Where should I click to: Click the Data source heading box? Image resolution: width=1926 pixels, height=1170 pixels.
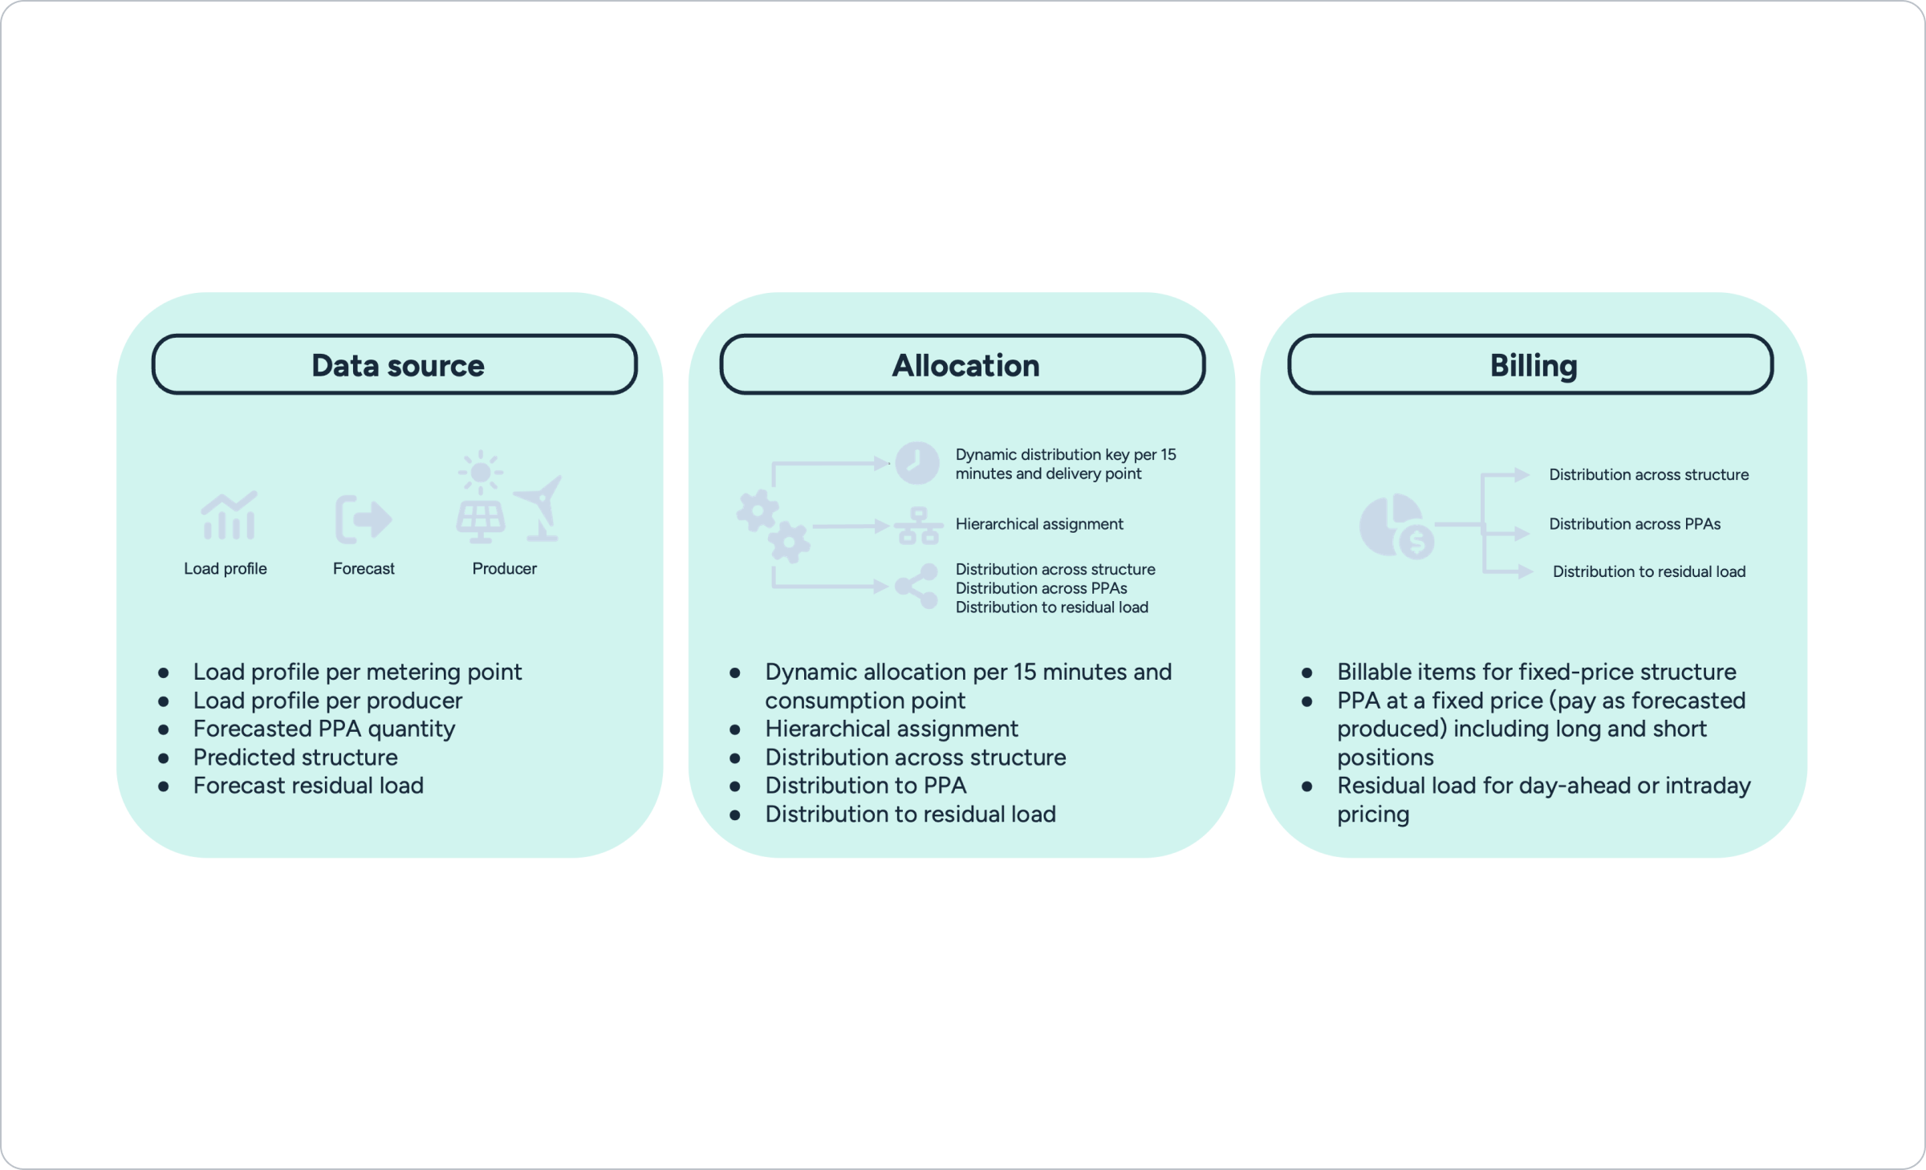pyautogui.click(x=395, y=365)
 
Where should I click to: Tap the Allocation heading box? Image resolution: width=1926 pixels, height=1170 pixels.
pyautogui.click(x=962, y=365)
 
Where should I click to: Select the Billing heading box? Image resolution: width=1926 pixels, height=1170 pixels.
pyautogui.click(x=1530, y=365)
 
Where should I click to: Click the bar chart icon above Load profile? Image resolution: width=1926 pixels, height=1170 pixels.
pyautogui.click(x=229, y=516)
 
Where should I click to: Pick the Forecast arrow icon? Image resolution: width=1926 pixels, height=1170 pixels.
pyautogui.click(x=364, y=519)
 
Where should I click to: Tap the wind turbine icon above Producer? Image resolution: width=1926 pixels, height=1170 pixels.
pyautogui.click(x=540, y=507)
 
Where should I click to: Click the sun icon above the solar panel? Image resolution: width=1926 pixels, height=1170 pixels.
pyautogui.click(x=480, y=472)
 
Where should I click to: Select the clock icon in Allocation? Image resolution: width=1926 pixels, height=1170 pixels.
pyautogui.click(x=916, y=463)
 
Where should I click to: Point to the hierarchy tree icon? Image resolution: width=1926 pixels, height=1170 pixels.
pyautogui.click(x=918, y=526)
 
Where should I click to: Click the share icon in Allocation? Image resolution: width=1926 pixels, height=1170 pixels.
pyautogui.click(x=917, y=586)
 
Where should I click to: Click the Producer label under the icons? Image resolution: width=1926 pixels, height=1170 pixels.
pyautogui.click(x=504, y=569)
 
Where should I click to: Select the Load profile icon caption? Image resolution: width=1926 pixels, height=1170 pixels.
pyautogui.click(x=226, y=569)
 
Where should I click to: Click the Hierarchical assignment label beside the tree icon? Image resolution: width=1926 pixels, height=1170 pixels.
pyautogui.click(x=1038, y=525)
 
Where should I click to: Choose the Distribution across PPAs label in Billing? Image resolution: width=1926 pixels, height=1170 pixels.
pyautogui.click(x=1634, y=525)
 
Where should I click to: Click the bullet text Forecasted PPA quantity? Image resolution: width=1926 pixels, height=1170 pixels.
pyautogui.click(x=324, y=729)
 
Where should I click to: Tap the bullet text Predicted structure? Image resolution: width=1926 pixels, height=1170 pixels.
pyautogui.click(x=295, y=758)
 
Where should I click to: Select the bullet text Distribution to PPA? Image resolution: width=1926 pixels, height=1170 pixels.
pyautogui.click(x=865, y=786)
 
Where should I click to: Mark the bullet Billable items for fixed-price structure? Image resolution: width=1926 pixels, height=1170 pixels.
pyautogui.click(x=1536, y=672)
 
